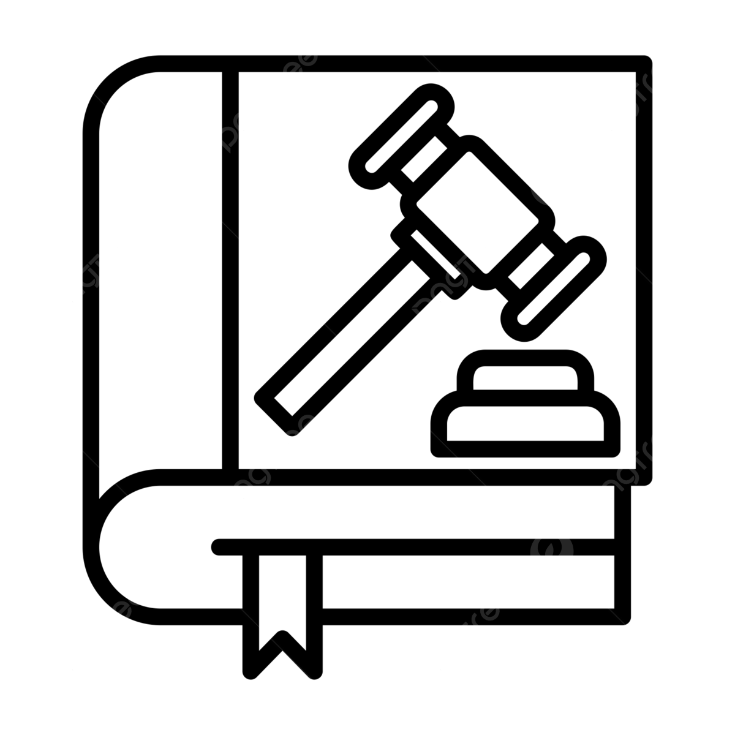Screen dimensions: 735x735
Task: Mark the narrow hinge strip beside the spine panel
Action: click(230, 269)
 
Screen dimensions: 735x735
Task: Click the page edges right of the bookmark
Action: click(466, 582)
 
